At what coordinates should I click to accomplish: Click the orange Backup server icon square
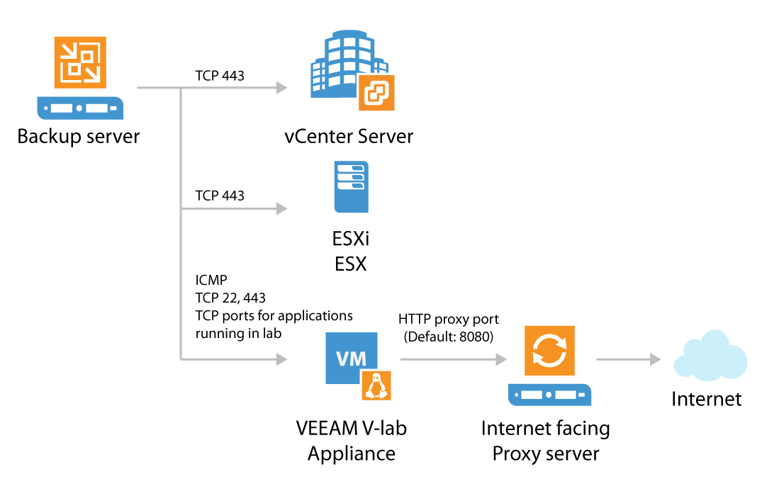pos(80,62)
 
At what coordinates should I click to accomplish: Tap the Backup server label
pos(79,135)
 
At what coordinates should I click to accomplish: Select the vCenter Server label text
pos(349,135)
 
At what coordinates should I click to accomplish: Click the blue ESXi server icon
pos(352,187)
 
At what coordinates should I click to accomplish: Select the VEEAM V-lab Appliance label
pos(352,440)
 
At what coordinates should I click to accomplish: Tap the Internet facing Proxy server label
pos(546,440)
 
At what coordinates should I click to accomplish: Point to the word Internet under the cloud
pos(707,399)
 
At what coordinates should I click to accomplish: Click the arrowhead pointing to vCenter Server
pos(281,88)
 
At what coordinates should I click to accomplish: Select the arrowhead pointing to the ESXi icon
pos(281,209)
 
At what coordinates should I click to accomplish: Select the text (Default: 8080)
pos(449,337)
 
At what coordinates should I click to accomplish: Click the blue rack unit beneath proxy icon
pos(550,393)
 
